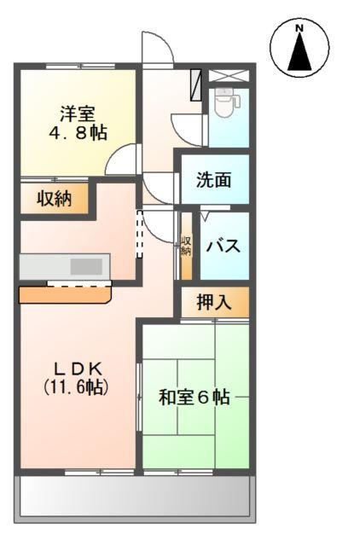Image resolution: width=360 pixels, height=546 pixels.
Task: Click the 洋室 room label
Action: [x=78, y=113]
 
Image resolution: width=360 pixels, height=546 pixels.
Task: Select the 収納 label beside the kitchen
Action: [x=54, y=199]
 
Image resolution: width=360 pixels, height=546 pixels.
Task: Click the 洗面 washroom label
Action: [x=212, y=180]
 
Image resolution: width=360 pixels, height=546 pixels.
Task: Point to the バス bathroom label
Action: [x=223, y=247]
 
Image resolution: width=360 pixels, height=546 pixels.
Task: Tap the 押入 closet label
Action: [x=213, y=301]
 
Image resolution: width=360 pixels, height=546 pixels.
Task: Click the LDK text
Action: [x=78, y=369]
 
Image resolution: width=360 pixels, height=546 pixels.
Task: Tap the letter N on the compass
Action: [x=299, y=29]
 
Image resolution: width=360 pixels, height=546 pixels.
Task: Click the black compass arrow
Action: [x=299, y=53]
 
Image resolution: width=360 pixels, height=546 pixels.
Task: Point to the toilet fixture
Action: [x=225, y=106]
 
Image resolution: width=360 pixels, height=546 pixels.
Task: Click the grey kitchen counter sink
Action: [x=86, y=265]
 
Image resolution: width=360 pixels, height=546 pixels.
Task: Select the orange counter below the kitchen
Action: [x=65, y=294]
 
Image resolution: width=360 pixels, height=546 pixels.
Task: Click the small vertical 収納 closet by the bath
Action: [x=187, y=246]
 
